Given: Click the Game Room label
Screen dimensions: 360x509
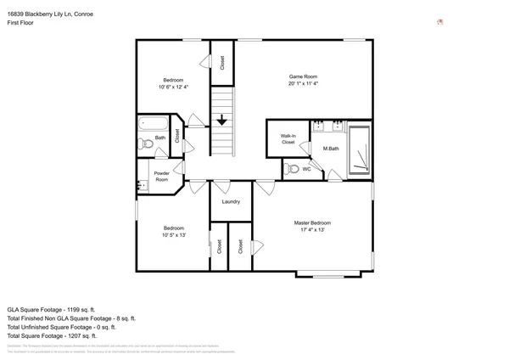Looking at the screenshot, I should (x=303, y=76).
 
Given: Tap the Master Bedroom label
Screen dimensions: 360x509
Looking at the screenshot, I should (x=310, y=222).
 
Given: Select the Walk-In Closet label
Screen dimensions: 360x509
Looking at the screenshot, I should (x=288, y=138).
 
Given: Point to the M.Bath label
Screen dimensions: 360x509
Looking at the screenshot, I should (x=331, y=149).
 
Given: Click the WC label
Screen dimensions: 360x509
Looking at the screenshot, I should (x=307, y=169).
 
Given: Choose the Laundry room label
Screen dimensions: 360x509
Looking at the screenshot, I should (x=231, y=202).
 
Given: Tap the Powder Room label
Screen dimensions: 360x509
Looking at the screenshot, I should (x=161, y=177).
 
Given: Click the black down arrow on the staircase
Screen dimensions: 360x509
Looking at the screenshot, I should (x=221, y=121).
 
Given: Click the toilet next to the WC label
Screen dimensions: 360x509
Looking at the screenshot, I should (x=292, y=169).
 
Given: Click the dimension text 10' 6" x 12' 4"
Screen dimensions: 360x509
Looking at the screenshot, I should (x=173, y=87).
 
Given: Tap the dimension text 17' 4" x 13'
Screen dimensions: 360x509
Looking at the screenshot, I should (x=310, y=229).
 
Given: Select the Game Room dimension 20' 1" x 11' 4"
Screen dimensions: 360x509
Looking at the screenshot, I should (x=303, y=84).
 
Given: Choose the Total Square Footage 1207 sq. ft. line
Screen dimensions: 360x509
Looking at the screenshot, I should (x=59, y=336).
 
